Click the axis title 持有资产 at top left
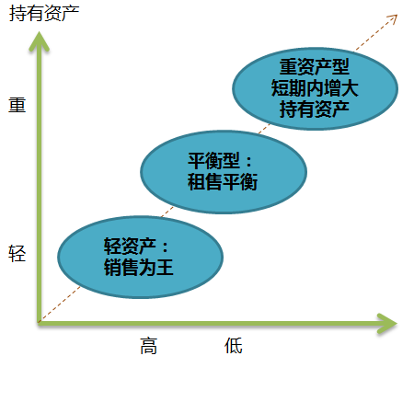tap(44, 14)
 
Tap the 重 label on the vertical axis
tap(17, 105)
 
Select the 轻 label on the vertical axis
tap(17, 254)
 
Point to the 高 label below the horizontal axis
tap(149, 346)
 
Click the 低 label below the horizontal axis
tap(234, 346)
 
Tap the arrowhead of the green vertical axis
tap(40, 40)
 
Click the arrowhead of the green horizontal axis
tap(387, 323)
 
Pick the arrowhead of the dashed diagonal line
tap(393, 18)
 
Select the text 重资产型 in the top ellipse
tap(315, 67)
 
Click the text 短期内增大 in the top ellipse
tap(315, 88)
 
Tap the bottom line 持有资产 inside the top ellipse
tap(315, 109)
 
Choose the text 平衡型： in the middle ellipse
tap(220, 160)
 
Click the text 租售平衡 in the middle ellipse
tap(223, 182)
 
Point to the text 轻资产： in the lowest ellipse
tap(136, 246)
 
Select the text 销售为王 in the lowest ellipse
tap(139, 267)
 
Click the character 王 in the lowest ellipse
tap(165, 267)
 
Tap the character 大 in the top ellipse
tap(350, 88)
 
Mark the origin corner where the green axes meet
tap(40, 323)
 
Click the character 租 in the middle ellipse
tap(196, 182)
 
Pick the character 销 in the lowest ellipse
tap(112, 267)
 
